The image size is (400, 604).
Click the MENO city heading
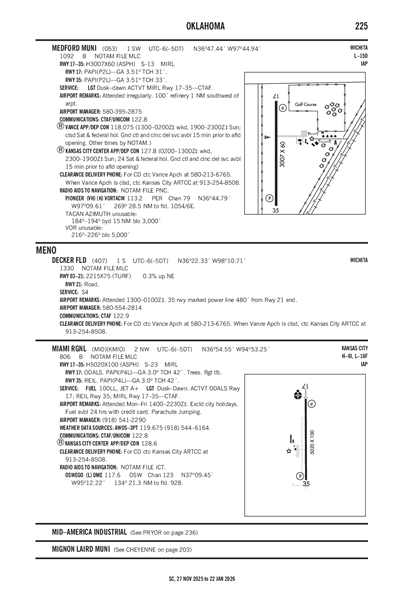pyautogui.click(x=44, y=248)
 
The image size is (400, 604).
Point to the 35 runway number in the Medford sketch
pyautogui.click(x=276, y=212)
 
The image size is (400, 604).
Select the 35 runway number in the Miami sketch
pyautogui.click(x=305, y=484)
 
